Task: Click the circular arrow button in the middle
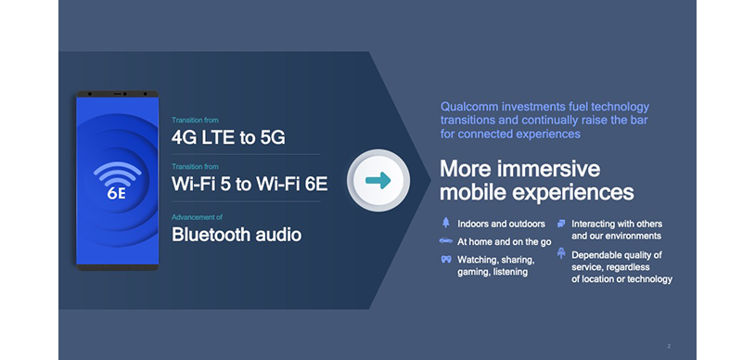377,180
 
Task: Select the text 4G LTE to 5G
227,138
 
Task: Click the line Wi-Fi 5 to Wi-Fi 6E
250,184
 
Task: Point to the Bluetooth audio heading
236,234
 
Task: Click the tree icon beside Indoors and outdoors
446,224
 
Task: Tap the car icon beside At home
446,241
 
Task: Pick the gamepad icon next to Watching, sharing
446,259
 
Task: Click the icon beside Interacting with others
561,224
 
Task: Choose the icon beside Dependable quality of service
561,253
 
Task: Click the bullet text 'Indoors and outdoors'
501,224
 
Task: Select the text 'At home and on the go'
504,241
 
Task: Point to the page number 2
669,346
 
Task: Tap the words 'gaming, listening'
493,272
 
